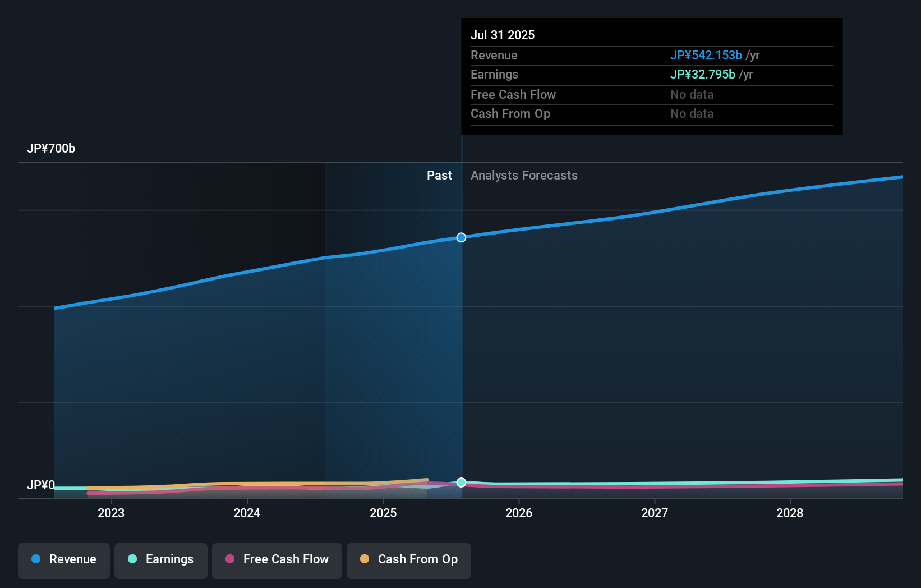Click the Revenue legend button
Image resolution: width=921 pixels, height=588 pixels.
click(64, 560)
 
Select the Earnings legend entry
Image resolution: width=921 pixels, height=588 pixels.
click(161, 560)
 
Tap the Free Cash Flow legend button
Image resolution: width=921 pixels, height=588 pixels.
click(277, 560)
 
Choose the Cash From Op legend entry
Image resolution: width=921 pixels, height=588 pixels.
click(409, 560)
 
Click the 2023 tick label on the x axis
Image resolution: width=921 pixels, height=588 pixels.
click(111, 513)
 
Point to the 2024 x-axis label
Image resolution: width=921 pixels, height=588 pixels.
click(247, 513)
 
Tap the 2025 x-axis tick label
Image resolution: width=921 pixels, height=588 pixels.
click(383, 513)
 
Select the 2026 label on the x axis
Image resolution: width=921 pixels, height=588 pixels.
click(519, 513)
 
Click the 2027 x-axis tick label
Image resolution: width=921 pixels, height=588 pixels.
click(655, 513)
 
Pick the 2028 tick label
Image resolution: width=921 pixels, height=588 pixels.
click(790, 513)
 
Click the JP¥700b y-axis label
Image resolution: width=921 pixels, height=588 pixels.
click(51, 149)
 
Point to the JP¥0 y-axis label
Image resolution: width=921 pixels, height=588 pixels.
click(41, 485)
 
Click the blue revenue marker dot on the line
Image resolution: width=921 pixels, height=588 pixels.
click(461, 237)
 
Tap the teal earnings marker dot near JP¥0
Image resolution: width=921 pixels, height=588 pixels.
click(461, 483)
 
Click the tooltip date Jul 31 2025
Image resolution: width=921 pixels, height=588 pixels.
click(503, 35)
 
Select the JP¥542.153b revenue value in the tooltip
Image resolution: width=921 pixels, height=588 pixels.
click(706, 56)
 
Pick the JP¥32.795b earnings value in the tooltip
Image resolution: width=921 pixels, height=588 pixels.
click(702, 75)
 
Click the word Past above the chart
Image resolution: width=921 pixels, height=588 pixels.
click(439, 176)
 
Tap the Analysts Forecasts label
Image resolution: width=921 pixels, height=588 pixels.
click(524, 176)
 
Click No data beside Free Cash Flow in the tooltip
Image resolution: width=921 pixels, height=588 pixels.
click(692, 95)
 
